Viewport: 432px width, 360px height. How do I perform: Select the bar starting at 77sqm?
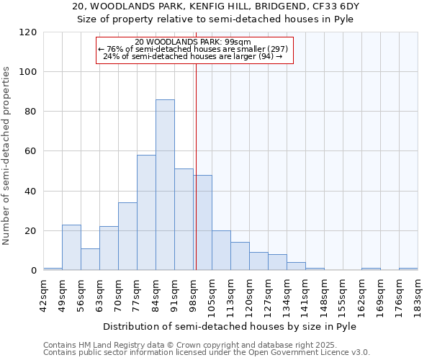click(x=146, y=212)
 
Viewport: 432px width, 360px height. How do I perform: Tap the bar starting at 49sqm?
click(x=71, y=248)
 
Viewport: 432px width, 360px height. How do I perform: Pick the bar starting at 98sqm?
click(x=202, y=222)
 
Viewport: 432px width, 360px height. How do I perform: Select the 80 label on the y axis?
click(x=31, y=112)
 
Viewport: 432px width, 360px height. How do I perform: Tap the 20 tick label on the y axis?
click(x=31, y=231)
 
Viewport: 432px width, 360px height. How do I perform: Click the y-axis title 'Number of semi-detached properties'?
click(x=7, y=156)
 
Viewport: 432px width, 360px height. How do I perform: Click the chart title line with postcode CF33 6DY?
click(x=216, y=6)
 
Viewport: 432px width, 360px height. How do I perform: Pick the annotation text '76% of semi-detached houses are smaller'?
click(x=193, y=49)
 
